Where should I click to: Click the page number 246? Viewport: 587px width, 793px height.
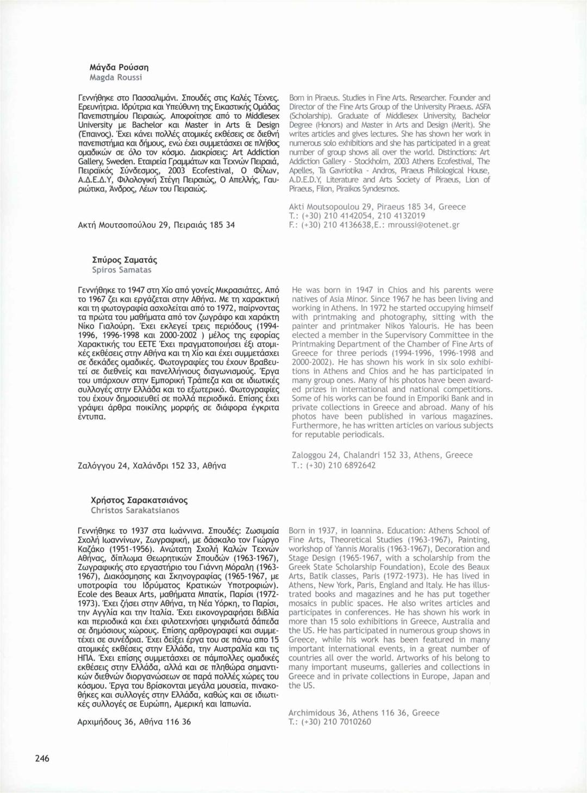42,758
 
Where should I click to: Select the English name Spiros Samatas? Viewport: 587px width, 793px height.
122,270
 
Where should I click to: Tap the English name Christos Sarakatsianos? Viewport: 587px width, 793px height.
135,511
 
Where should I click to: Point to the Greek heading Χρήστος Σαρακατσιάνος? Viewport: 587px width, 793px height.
140,500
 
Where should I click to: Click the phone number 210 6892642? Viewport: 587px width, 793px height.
351,465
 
